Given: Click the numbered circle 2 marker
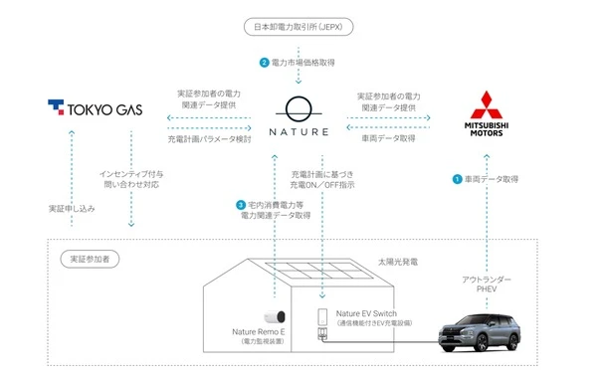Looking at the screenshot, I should [x=265, y=63].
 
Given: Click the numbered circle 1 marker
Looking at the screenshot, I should [x=457, y=179].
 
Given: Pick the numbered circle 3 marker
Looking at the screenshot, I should [x=241, y=205].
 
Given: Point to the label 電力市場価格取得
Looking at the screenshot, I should [x=303, y=63].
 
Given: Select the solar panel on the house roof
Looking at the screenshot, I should [x=319, y=270].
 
